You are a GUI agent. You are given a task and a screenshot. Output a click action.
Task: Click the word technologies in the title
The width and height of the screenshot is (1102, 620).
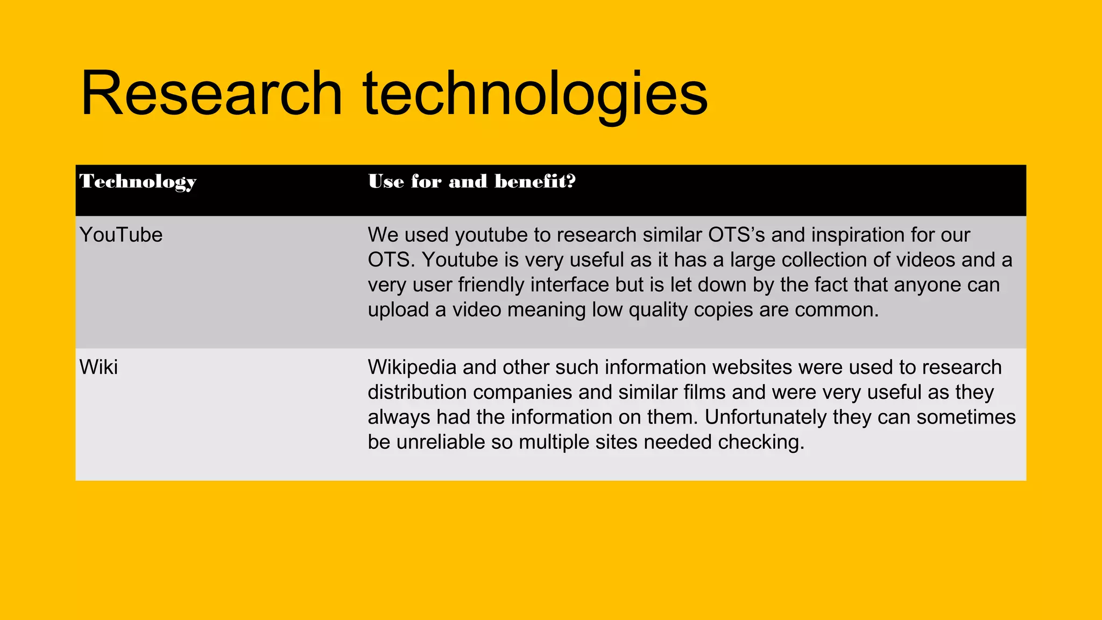point(535,94)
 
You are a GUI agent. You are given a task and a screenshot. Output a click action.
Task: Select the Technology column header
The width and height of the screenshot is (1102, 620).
point(138,182)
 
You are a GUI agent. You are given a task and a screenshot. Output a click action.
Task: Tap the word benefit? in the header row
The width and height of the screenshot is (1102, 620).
point(535,181)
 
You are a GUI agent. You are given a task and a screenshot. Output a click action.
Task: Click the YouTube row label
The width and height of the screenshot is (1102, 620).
point(121,235)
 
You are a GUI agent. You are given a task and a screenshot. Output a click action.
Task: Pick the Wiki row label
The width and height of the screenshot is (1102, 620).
point(98,368)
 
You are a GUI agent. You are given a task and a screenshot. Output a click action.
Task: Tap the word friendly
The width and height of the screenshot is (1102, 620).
point(491,285)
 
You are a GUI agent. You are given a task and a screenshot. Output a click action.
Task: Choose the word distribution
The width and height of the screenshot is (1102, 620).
point(417,392)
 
